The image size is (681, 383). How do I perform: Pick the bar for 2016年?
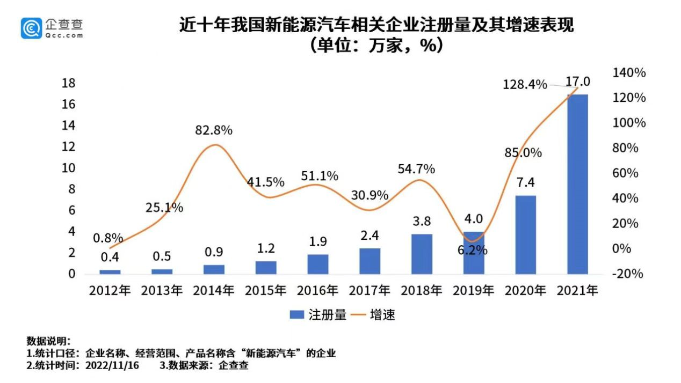[317, 264]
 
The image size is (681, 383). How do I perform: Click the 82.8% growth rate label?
[214, 130]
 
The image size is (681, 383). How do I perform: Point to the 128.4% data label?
[525, 85]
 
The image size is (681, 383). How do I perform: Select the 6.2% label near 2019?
[473, 250]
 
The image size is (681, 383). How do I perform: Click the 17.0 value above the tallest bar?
[578, 82]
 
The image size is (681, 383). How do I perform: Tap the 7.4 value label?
[525, 182]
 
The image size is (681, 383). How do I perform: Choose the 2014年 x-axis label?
[214, 291]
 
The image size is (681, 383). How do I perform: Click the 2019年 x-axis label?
[473, 291]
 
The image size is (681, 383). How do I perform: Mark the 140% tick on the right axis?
[629, 73]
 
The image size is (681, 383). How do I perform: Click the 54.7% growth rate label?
[416, 170]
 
